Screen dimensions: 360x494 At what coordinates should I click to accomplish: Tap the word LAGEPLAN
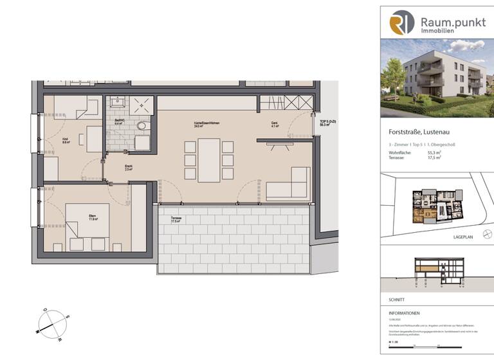point(463,237)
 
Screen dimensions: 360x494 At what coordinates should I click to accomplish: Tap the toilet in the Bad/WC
point(142,126)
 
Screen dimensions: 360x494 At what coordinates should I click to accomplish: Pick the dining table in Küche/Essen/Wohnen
point(208,160)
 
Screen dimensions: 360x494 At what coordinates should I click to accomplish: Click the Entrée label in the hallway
point(129,168)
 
